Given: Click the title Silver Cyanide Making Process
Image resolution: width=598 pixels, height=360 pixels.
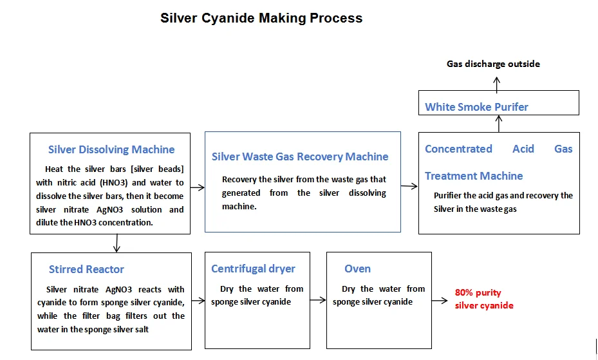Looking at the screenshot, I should (261, 18).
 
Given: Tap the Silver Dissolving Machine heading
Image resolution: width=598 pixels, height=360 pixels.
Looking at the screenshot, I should (111, 149).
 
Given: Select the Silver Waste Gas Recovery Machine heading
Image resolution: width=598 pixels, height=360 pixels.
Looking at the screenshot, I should (300, 156).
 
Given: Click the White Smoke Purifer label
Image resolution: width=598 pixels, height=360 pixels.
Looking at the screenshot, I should (476, 107).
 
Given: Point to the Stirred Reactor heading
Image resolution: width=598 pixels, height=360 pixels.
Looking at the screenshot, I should (86, 269).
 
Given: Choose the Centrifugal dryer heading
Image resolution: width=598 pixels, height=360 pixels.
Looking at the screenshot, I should (253, 269).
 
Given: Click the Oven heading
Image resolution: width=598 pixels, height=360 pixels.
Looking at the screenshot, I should (357, 269).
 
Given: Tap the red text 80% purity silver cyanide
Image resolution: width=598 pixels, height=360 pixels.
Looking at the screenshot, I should (483, 299).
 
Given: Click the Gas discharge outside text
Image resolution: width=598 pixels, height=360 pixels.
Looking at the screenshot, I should (493, 64).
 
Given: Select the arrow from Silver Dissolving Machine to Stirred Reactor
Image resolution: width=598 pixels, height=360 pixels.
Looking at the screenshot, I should (117, 243).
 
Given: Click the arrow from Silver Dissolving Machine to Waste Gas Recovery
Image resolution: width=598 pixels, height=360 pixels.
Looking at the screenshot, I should (198, 188).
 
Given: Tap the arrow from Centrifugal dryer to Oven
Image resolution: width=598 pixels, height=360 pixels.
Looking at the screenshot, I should (317, 301).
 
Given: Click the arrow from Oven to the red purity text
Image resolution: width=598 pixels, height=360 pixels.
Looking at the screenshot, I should (440, 301).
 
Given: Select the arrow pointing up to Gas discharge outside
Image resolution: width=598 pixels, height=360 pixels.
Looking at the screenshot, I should (496, 82).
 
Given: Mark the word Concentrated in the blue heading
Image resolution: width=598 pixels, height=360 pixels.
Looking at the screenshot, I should (458, 149).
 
